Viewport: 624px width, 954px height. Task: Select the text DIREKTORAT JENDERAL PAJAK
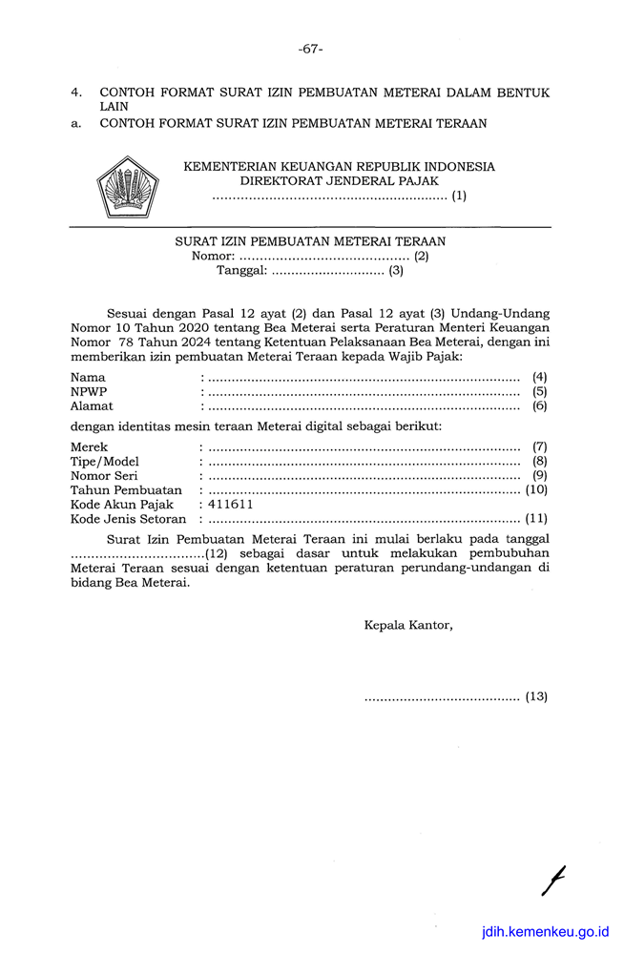click(339, 180)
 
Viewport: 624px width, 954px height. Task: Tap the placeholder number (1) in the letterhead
click(459, 197)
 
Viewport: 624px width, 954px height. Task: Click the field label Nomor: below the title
click(213, 256)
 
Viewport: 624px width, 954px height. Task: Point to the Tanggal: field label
click(241, 270)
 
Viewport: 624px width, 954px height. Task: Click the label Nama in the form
click(88, 378)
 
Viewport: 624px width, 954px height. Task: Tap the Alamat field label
click(92, 406)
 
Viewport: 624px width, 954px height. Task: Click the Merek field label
click(90, 446)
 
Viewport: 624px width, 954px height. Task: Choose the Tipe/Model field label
click(105, 462)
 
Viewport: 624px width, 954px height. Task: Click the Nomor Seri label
click(105, 476)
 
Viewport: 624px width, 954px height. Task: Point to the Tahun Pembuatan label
click(126, 490)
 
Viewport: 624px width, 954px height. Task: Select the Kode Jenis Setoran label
click(129, 519)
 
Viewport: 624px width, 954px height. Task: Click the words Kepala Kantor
click(408, 626)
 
